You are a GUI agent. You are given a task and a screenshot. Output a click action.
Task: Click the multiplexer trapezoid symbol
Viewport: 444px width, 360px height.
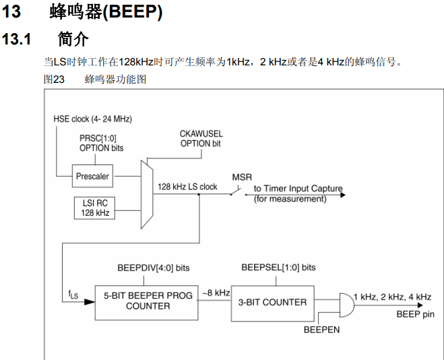pos(145,193)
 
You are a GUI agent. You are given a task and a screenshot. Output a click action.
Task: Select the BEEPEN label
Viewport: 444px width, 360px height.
pos(321,330)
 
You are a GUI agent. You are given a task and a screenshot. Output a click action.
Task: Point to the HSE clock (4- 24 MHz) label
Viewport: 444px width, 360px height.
pos(93,119)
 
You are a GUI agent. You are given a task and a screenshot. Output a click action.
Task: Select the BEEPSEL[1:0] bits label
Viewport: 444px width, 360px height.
pos(278,267)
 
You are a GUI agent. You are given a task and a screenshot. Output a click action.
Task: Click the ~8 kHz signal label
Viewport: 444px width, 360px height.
pos(216,293)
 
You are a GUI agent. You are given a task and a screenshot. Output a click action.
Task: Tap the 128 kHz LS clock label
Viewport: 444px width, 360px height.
pos(187,186)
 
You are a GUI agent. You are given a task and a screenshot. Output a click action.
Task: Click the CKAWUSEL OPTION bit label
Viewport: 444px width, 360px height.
pos(201,139)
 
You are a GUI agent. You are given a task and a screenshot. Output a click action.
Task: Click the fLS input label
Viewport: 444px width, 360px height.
pos(73,295)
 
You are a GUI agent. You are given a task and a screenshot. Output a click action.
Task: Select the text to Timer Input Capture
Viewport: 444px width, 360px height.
pos(298,189)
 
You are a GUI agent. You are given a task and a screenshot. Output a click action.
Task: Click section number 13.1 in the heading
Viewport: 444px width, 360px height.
pos(18,39)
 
